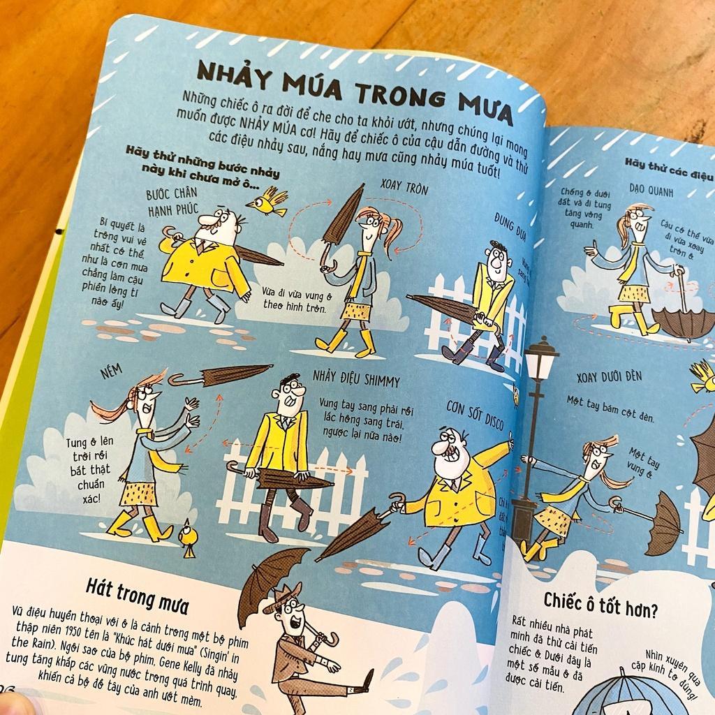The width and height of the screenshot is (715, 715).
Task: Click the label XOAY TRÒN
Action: click(404, 189)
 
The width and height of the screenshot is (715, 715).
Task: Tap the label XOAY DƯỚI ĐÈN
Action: click(609, 377)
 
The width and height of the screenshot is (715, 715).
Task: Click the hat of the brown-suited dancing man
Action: click(282, 599)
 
